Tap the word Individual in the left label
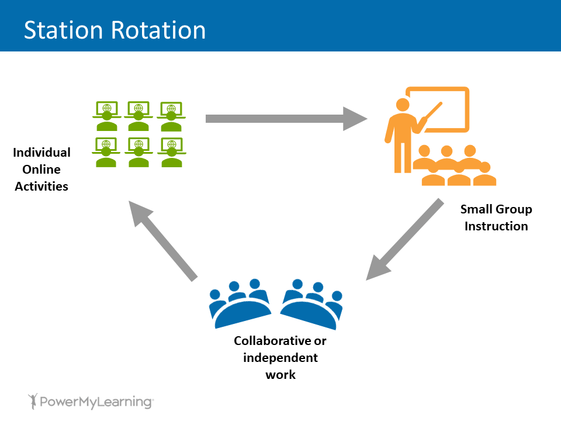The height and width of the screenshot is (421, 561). [x=41, y=153]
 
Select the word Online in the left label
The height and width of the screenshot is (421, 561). [x=41, y=170]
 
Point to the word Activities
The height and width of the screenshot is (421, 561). [x=41, y=187]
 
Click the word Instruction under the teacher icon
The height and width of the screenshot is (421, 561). [x=496, y=226]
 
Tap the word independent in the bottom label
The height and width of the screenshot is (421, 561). [x=280, y=357]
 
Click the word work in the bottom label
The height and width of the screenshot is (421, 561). [x=280, y=374]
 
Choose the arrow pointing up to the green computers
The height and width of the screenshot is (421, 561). [x=164, y=240]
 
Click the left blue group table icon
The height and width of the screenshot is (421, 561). [x=240, y=304]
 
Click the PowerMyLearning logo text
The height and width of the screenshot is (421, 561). [x=96, y=402]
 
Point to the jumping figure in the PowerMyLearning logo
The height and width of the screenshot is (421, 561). [x=33, y=401]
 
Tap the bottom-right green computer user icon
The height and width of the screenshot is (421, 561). [x=171, y=152]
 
